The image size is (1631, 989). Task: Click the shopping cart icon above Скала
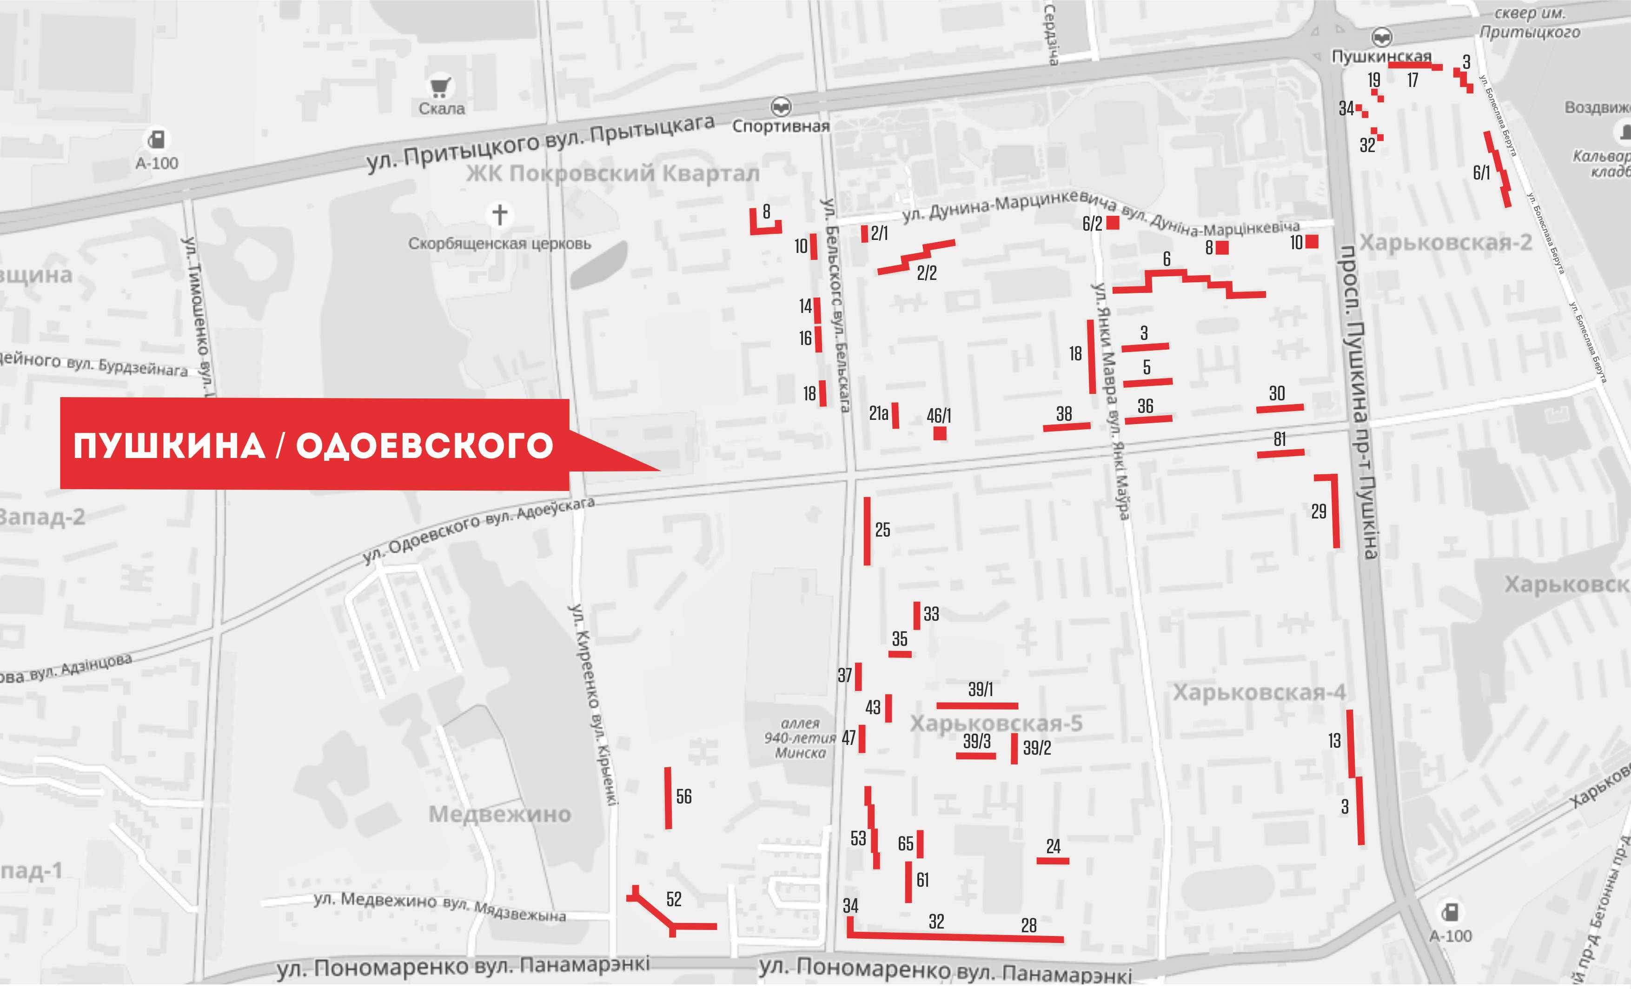tap(440, 87)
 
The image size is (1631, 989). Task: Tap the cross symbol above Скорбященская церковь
tap(500, 214)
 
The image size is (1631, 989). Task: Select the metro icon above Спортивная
tap(781, 106)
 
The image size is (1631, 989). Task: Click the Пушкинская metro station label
tap(1381, 57)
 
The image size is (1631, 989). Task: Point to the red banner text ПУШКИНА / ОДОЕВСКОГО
tap(313, 445)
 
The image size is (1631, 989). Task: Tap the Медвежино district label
tap(500, 814)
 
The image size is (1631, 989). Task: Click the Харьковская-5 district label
tap(996, 723)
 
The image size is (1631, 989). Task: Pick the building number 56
tap(684, 797)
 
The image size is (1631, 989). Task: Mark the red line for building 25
tap(867, 531)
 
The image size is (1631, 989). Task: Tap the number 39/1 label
tap(981, 689)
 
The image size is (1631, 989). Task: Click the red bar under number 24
tap(1053, 861)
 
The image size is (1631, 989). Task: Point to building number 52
tap(674, 899)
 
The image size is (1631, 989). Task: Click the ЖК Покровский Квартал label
tap(612, 173)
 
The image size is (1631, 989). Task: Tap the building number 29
tap(1319, 511)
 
